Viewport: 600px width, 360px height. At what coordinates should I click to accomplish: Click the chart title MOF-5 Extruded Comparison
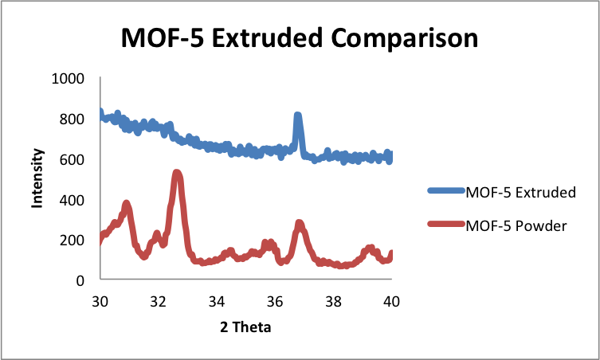(300, 38)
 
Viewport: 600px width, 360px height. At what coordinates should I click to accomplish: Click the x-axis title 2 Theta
(245, 327)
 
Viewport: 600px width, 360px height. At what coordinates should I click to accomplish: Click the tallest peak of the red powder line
(177, 174)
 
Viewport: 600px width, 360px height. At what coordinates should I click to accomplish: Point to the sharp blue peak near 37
(298, 118)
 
